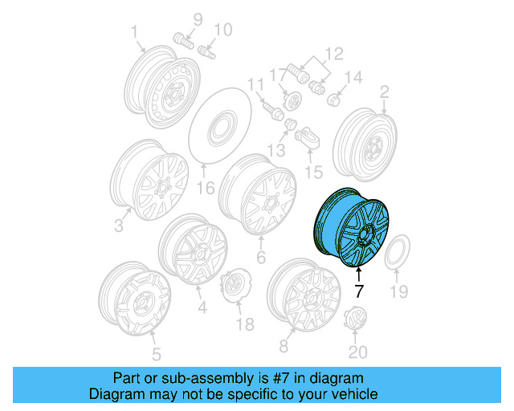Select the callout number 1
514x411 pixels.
(x=134, y=31)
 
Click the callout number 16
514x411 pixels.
(x=206, y=189)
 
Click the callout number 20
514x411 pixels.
(x=357, y=352)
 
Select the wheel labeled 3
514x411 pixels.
(x=149, y=181)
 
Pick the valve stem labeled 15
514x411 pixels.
(x=305, y=138)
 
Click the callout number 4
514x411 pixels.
(x=201, y=307)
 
